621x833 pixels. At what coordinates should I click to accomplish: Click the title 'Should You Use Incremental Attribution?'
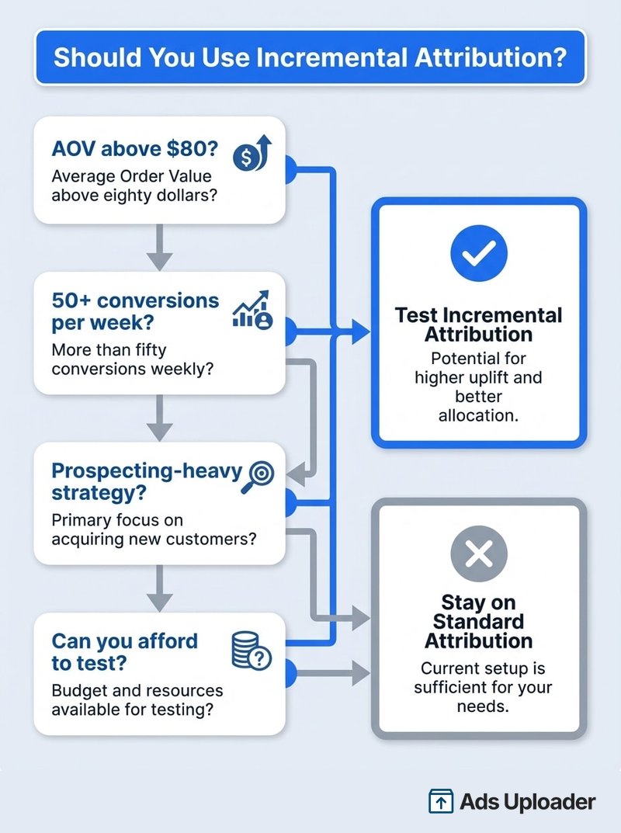(310, 58)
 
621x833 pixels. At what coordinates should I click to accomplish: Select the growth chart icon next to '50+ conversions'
(252, 311)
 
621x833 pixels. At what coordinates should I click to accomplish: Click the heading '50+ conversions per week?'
(135, 311)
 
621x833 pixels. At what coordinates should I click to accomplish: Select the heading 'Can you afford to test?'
(124, 652)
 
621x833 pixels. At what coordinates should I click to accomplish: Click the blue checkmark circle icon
(478, 252)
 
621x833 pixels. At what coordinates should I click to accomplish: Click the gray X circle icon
(478, 554)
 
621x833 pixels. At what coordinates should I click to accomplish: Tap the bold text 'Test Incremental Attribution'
(478, 325)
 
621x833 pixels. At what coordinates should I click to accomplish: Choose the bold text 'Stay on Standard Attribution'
(478, 621)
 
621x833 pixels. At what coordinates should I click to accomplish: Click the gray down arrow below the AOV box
(159, 247)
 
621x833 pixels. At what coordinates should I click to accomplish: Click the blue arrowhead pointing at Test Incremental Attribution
(361, 333)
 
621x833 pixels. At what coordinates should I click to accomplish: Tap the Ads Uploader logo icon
(441, 801)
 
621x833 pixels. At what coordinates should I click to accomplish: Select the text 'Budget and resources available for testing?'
(137, 699)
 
